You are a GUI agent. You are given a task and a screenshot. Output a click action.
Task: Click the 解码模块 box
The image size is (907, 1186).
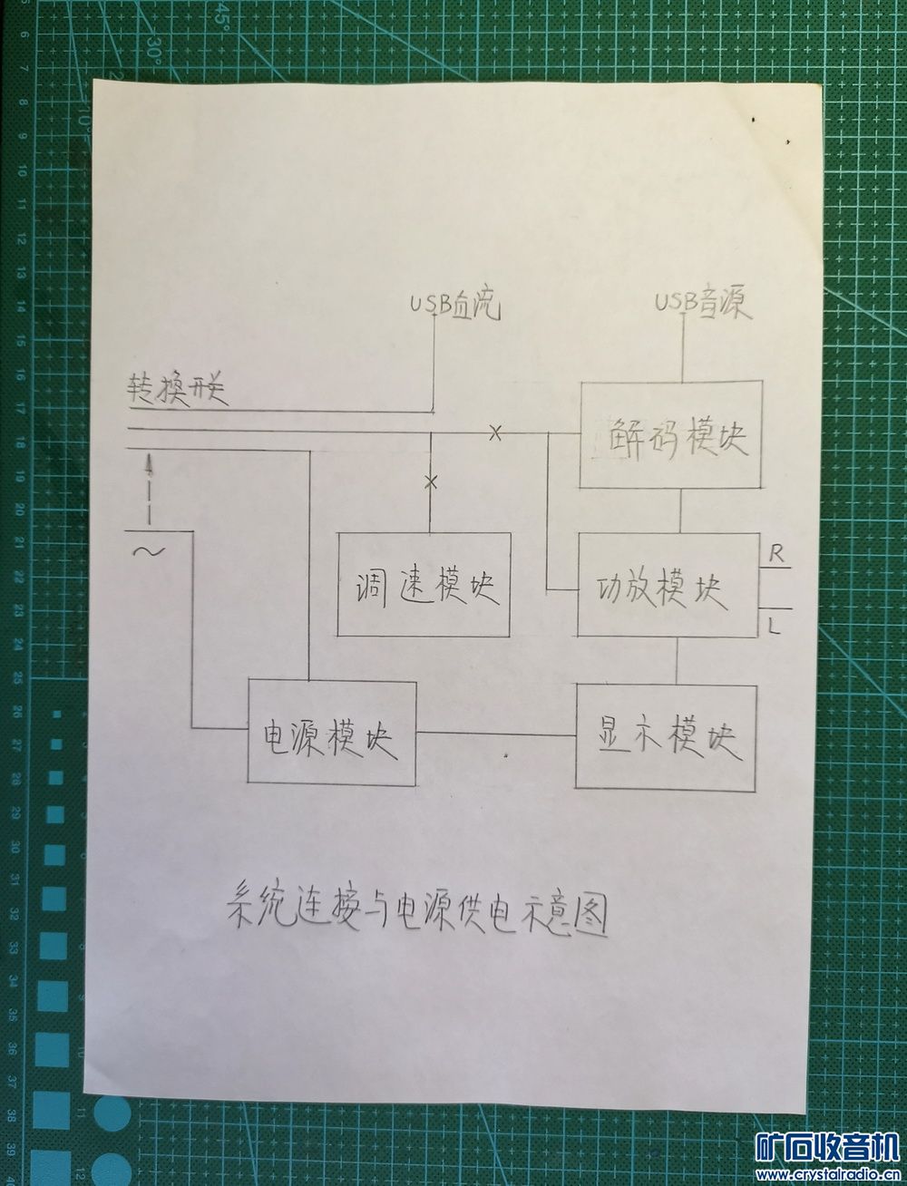(x=670, y=435)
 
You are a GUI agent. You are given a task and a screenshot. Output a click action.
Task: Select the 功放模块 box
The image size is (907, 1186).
(x=668, y=585)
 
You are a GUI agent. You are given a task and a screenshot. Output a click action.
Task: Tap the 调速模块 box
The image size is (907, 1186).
(x=424, y=585)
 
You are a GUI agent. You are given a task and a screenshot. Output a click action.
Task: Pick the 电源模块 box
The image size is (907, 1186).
(x=333, y=732)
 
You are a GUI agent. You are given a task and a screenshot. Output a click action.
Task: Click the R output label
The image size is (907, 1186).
(x=776, y=553)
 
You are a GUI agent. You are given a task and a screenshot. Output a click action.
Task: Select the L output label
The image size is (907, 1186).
(x=774, y=625)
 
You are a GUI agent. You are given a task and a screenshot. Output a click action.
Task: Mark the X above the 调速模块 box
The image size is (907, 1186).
(x=431, y=481)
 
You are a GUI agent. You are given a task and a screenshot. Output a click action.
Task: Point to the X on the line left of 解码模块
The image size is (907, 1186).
(x=495, y=433)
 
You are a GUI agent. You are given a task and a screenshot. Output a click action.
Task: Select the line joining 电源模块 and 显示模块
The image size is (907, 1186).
(x=496, y=733)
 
